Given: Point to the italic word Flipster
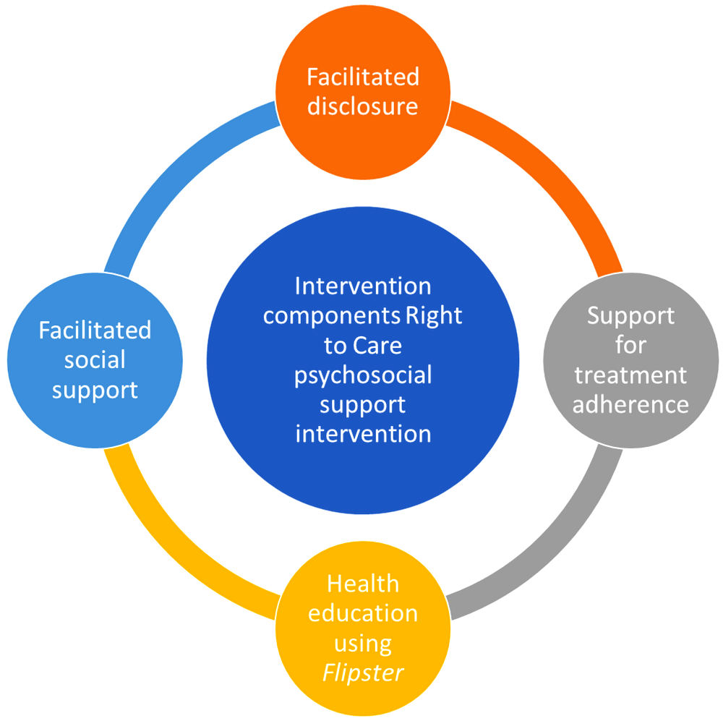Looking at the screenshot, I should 363,673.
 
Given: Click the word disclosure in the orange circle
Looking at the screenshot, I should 363,106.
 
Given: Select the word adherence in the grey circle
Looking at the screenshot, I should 630,404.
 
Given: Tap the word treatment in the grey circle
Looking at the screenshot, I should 630,375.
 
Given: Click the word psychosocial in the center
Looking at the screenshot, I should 363,375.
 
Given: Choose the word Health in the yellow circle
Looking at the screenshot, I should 363,584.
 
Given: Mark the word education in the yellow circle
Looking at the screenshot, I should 363,613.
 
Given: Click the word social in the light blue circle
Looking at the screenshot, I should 95,360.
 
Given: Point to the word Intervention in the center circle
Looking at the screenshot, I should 363,286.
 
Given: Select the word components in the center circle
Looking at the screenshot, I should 331,316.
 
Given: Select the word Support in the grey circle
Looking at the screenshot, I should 630,316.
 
